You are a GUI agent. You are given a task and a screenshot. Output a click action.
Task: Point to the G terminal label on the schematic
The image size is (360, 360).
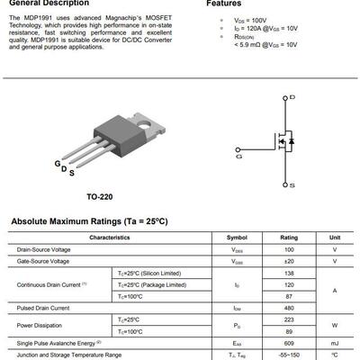point(238,156)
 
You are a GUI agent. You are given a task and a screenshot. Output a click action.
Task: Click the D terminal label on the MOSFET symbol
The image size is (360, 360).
point(292,95)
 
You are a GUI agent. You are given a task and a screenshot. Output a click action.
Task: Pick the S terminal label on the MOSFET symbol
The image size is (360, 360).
point(292,184)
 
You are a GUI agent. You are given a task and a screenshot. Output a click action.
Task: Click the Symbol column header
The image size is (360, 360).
point(237,237)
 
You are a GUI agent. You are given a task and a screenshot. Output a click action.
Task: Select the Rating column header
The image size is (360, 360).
point(289,237)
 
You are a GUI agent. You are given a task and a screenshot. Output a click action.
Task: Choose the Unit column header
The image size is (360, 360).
point(335,237)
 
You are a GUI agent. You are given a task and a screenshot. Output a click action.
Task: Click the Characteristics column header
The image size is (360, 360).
point(109,237)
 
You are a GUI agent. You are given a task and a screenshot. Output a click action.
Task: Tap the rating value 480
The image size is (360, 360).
point(289,308)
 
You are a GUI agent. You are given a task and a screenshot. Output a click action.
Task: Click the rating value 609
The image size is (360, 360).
point(289,343)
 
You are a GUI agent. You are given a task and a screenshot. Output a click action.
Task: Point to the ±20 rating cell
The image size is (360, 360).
point(289,261)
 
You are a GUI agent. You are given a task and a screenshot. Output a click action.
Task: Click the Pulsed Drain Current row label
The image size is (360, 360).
point(42,308)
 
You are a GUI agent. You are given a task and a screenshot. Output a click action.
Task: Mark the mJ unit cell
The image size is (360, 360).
point(335,343)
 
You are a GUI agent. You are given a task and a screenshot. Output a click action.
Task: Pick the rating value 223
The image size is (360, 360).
point(289,319)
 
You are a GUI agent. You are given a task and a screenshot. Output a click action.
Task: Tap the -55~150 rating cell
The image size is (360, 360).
point(289,355)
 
